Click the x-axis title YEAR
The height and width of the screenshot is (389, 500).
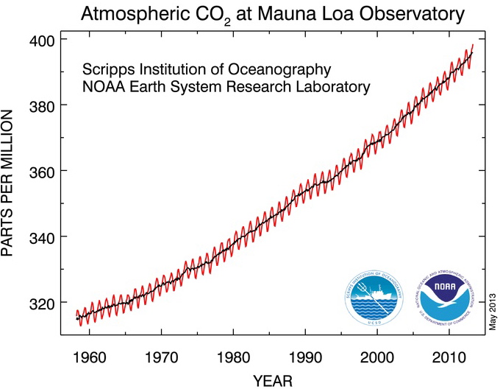pos(273,380)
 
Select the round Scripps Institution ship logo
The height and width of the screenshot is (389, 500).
pos(374,298)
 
